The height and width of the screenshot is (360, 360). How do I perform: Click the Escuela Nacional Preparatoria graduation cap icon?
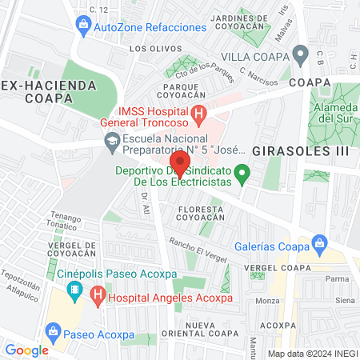(112, 144)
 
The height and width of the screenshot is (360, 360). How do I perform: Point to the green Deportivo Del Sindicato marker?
(246, 170)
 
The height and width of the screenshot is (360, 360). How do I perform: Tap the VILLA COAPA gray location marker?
(301, 55)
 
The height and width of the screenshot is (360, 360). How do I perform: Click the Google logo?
(26, 350)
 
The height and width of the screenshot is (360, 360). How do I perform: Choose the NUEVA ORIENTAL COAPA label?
(212, 329)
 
